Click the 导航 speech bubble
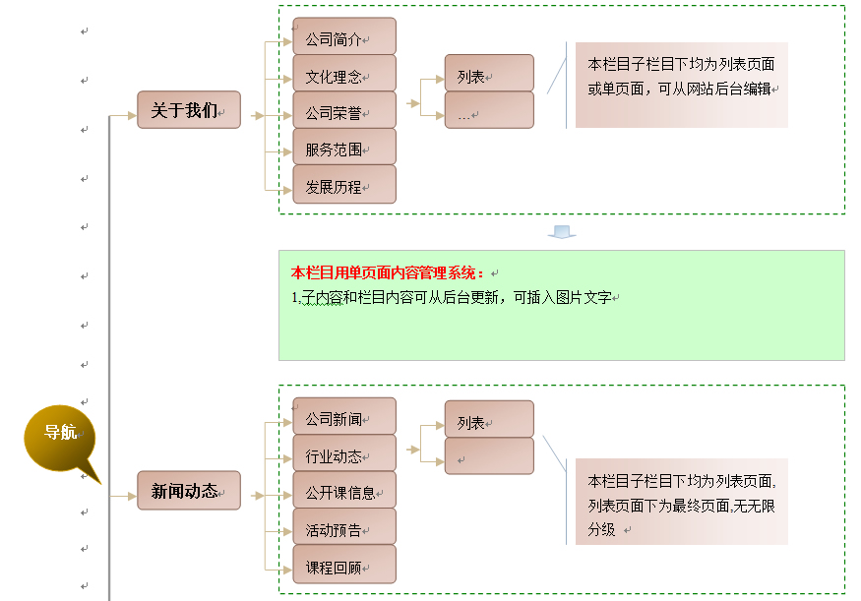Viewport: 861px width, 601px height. pos(60,433)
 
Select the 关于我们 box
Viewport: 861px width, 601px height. pos(189,110)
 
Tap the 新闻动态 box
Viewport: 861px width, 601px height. pos(189,490)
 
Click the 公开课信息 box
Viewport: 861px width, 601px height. pos(344,491)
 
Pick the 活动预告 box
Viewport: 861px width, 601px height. pos(344,527)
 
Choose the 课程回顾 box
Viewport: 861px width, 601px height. pos(344,565)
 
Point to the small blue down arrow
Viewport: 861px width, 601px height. pos(562,232)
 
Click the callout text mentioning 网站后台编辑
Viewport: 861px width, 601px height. pos(682,77)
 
